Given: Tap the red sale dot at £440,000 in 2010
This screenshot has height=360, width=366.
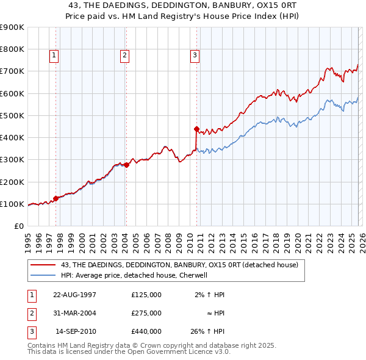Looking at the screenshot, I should click(x=196, y=129).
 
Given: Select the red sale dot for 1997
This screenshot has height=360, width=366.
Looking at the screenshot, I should click(x=56, y=198).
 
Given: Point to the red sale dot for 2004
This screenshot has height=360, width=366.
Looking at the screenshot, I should click(x=127, y=165).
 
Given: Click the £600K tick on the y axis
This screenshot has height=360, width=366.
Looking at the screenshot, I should click(x=12, y=93).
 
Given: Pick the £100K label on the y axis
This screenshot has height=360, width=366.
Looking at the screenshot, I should click(x=12, y=204).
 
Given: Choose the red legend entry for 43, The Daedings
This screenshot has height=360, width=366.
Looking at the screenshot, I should click(x=179, y=265).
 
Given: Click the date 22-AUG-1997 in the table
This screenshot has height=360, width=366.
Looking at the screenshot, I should click(x=74, y=295).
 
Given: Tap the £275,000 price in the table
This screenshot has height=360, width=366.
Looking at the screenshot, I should click(x=146, y=313).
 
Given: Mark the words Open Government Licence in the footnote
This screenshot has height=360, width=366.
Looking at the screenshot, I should click(x=178, y=351).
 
